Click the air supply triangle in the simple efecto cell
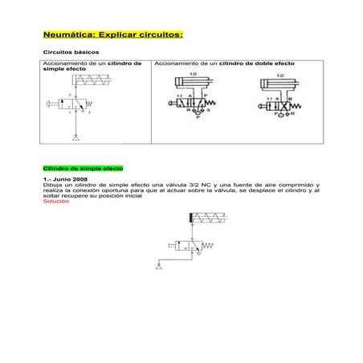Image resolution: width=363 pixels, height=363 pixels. point(75,139)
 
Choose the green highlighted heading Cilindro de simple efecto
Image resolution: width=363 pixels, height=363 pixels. point(83,169)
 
